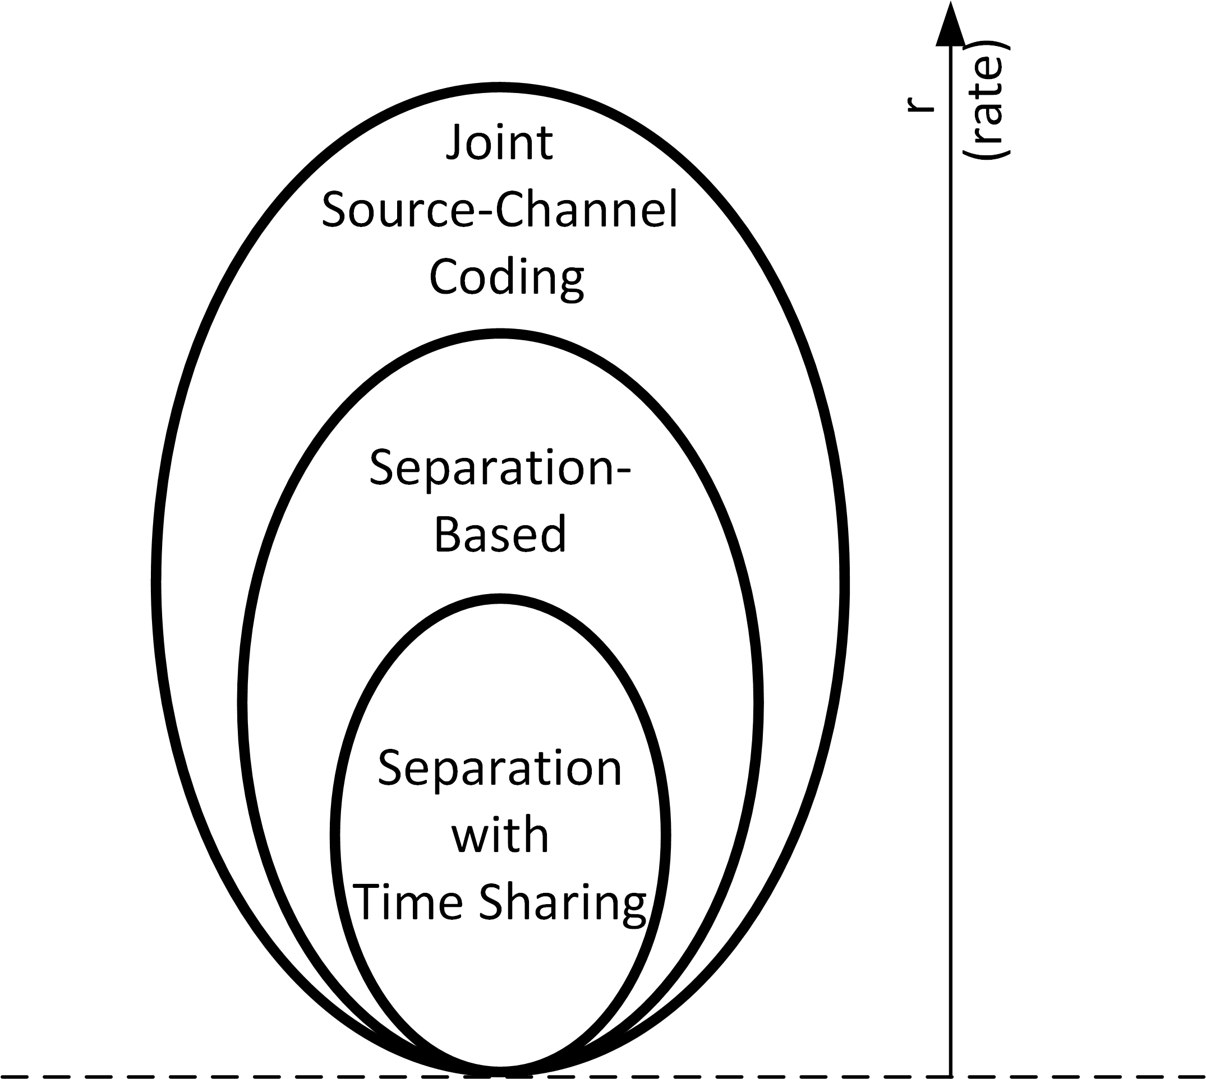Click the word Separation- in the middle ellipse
[500, 468]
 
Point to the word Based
[500, 534]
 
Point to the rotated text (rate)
[987, 101]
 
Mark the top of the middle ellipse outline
[500, 334]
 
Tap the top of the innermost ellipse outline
[500, 599]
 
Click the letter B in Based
[447, 534]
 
